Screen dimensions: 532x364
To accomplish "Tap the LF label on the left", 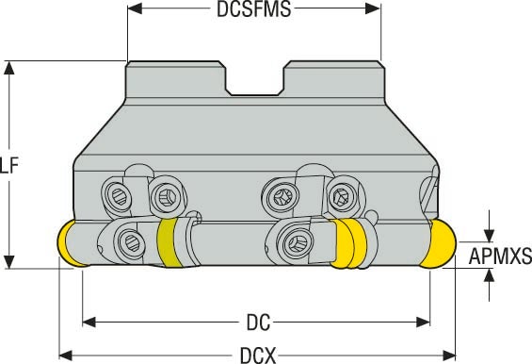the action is click(9, 166).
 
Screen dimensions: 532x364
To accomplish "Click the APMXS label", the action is click(499, 256).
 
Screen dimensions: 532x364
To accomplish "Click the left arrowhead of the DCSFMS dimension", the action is click(134, 9).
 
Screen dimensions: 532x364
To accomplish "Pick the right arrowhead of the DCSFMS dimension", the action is click(374, 9).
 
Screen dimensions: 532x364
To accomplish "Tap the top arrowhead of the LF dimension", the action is click(11, 68).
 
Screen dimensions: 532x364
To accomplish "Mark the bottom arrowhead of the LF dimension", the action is click(11, 261).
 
